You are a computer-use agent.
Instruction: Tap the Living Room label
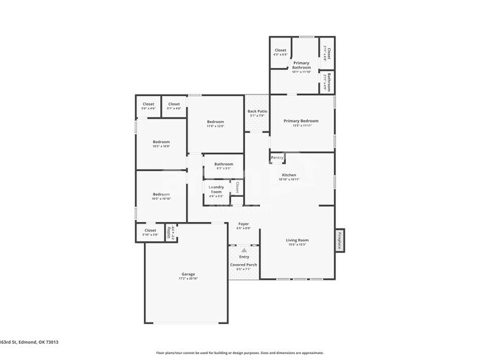[298, 240]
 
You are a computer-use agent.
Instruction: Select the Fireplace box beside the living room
[340, 240]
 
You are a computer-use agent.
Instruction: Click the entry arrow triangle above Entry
[244, 251]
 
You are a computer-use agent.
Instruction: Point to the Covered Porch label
[244, 264]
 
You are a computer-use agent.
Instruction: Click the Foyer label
[243, 224]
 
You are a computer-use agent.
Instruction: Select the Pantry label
[277, 157]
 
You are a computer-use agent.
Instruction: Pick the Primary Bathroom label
[301, 64]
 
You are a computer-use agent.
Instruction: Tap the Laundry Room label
[216, 188]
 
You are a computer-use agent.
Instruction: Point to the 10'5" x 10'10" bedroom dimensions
[161, 199]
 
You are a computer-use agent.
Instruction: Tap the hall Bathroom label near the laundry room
[224, 164]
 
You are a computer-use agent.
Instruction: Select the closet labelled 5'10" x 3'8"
[150, 232]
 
